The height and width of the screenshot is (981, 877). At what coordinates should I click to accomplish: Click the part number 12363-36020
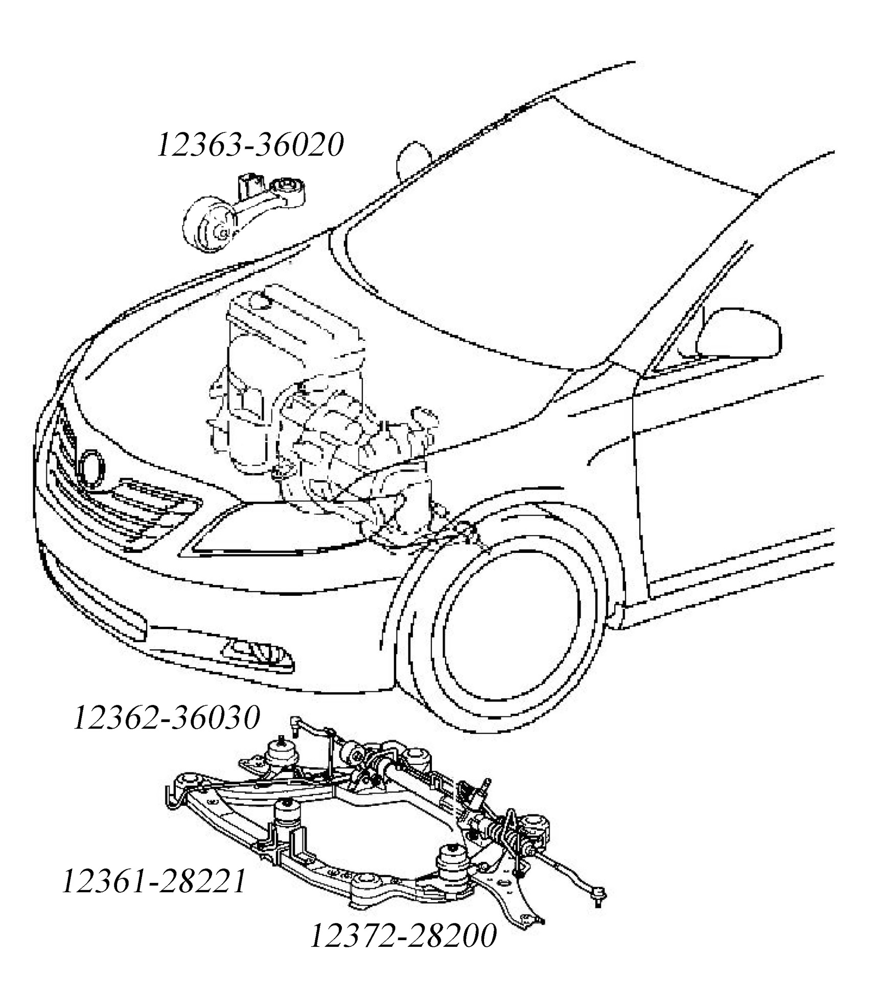point(250,145)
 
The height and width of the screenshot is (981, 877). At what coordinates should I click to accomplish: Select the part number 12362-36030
point(167,718)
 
